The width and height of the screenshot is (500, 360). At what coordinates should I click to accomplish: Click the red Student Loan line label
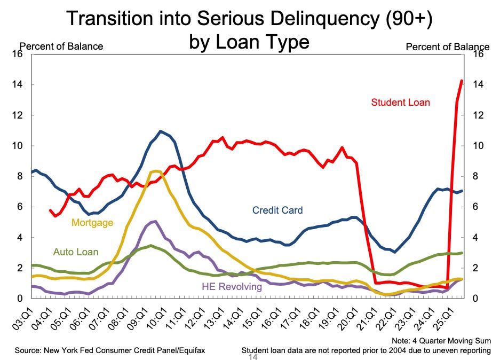coord(400,102)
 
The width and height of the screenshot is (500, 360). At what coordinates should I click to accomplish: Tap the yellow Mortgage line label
coord(92,222)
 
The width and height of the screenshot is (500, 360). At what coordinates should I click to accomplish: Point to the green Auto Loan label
coord(79,252)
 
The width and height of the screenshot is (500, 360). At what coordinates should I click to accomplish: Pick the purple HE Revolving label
coord(232,286)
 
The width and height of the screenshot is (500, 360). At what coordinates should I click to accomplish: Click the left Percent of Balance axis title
coord(61,46)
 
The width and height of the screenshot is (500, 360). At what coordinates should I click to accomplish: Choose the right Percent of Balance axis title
coord(447,46)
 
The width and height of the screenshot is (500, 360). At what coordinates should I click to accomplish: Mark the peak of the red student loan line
coord(462,81)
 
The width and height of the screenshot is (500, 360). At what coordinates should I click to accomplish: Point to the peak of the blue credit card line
coord(161,131)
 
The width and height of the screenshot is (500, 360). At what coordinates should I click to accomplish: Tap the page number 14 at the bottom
coord(253,357)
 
